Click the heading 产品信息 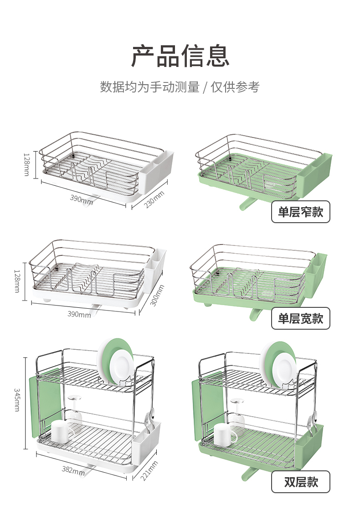click(x=180, y=56)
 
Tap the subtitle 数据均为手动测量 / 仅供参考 click(x=180, y=87)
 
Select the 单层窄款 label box click(x=300, y=212)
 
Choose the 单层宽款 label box click(x=300, y=318)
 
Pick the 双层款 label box click(x=300, y=482)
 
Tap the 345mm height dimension click(x=17, y=399)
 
